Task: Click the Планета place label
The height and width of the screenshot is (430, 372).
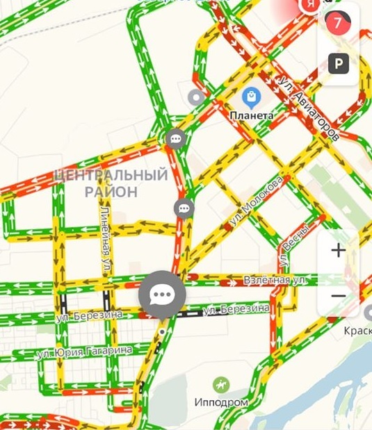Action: pyautogui.click(x=251, y=115)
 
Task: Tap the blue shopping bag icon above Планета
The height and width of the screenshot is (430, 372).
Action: pyautogui.click(x=251, y=97)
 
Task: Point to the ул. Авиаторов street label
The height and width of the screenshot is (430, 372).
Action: pyautogui.click(x=309, y=108)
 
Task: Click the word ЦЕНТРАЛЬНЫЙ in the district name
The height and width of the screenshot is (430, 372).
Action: pyautogui.click(x=111, y=175)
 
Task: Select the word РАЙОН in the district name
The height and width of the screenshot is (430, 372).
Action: pyautogui.click(x=111, y=191)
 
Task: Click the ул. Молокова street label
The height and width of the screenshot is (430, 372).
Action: pyautogui.click(x=255, y=201)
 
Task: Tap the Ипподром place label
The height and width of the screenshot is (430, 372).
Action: pyautogui.click(x=221, y=402)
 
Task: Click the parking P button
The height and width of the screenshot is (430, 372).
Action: pyautogui.click(x=339, y=64)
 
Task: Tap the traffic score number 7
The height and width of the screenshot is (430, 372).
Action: pyautogui.click(x=338, y=22)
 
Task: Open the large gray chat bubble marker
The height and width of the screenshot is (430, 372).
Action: pyautogui.click(x=162, y=295)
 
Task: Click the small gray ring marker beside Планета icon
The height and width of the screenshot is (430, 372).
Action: pyautogui.click(x=197, y=97)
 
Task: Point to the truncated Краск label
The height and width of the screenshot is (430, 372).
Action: pyautogui.click(x=358, y=331)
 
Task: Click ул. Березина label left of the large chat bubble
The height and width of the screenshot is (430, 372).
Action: pyautogui.click(x=89, y=315)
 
